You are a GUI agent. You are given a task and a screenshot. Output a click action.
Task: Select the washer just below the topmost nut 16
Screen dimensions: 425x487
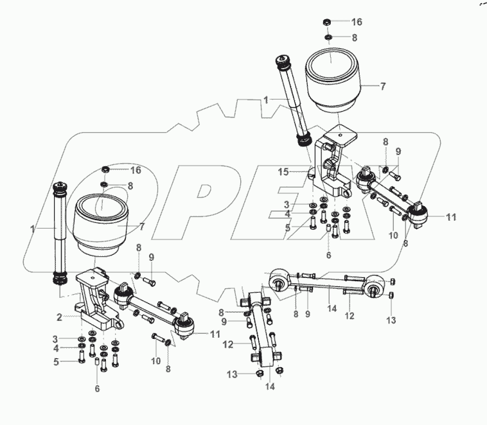click(x=328, y=38)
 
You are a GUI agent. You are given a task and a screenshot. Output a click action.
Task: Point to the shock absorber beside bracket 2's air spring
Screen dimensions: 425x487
click(x=59, y=234)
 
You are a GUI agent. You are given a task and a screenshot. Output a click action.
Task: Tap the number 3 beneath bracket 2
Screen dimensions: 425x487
click(x=55, y=338)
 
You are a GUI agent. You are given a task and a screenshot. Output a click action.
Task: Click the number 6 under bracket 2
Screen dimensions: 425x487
click(x=97, y=389)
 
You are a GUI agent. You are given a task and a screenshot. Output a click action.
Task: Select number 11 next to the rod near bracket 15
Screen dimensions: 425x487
click(x=451, y=217)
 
